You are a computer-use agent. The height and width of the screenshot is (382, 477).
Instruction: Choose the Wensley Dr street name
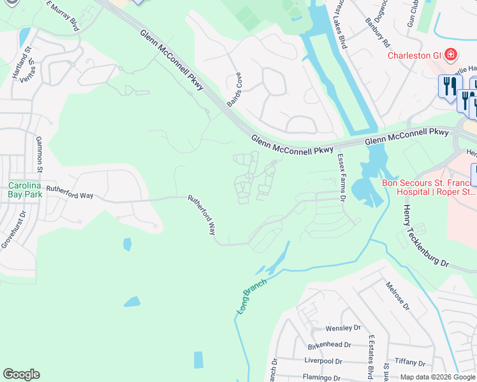coord(342,329)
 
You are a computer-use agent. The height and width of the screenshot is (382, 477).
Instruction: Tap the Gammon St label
coord(40,155)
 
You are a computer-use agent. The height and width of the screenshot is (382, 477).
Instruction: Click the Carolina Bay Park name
coord(24,190)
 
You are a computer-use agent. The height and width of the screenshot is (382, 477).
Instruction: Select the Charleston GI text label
coord(415,55)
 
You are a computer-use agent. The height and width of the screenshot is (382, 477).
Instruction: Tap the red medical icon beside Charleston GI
coord(451,55)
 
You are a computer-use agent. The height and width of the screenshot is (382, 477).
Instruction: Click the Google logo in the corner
coord(22,374)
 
